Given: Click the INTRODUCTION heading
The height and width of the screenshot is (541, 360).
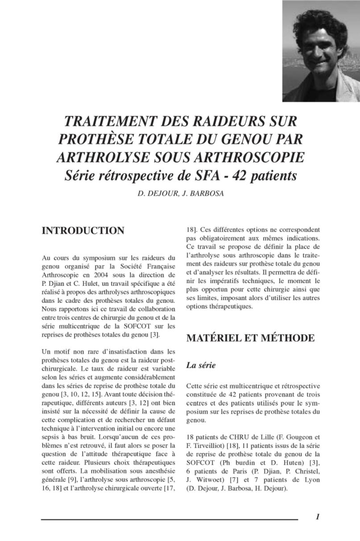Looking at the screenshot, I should [x=83, y=231].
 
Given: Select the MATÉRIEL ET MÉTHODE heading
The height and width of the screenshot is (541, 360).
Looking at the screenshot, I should [x=250, y=338].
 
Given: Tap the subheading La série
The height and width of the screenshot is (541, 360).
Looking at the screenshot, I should [x=201, y=365].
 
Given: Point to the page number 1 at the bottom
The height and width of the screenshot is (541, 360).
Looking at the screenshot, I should [x=317, y=517].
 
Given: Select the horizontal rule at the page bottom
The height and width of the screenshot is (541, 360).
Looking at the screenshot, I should [x=170, y=520].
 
